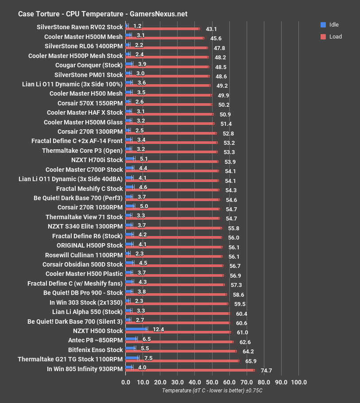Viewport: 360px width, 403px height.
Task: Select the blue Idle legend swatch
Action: point(323,25)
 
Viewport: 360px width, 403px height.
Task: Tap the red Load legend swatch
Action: point(323,37)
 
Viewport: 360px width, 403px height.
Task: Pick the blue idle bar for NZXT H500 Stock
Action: point(136,329)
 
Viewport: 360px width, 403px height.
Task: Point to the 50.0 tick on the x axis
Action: point(212,382)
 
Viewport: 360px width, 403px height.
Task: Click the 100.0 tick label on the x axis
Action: point(298,382)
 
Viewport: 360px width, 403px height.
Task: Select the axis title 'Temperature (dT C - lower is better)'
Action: point(212,391)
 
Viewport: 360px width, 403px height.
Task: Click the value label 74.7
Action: point(266,371)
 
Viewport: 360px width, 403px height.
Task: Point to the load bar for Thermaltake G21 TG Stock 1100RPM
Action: point(182,361)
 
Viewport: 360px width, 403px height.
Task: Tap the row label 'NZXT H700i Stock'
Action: point(97,160)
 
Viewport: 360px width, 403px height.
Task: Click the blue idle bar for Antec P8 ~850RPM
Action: point(132,339)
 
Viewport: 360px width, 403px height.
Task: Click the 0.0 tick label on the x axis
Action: point(126,382)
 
